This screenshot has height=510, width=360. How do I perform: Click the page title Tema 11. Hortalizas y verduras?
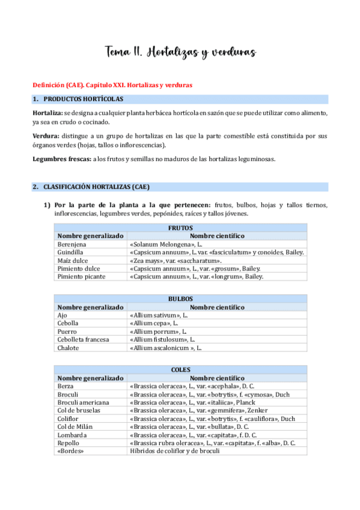pyautogui.click(x=181, y=53)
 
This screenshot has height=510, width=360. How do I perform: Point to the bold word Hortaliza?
pyautogui.click(x=47, y=112)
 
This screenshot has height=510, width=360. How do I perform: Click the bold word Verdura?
pyautogui.click(x=46, y=136)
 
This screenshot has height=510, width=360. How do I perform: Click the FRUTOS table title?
pyautogui.click(x=180, y=229)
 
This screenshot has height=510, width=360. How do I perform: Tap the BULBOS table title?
pyautogui.click(x=180, y=298)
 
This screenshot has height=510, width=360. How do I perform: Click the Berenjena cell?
pyautogui.click(x=72, y=245)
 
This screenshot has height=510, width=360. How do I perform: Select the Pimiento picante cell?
pyautogui.click(x=81, y=277)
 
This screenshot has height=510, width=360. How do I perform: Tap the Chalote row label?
pyautogui.click(x=69, y=347)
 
